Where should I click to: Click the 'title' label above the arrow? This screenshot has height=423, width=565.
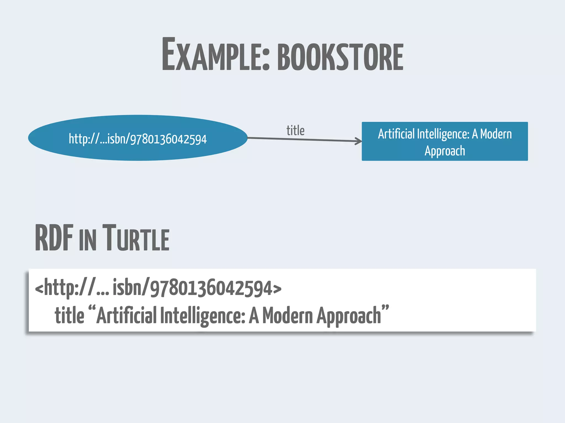295,131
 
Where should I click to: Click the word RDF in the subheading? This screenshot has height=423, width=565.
54,238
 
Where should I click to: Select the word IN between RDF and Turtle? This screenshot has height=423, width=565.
87,240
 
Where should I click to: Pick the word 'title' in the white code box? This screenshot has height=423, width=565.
70,315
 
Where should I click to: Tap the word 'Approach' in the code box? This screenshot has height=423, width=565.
349,316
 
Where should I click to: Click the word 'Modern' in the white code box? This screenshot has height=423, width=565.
287,315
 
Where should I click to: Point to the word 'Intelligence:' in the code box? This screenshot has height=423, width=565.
202,316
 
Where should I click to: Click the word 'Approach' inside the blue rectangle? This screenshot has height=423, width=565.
445,151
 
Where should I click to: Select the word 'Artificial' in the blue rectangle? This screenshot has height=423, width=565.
396,134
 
